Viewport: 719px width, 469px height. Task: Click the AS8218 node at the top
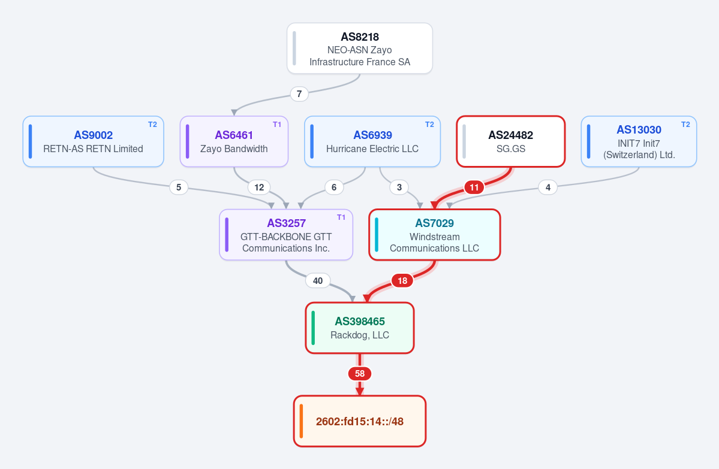coord(360,48)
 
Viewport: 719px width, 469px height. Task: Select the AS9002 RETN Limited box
coord(93,141)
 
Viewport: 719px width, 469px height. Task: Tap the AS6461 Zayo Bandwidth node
coord(234,141)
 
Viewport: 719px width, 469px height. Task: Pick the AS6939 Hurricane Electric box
coord(372,141)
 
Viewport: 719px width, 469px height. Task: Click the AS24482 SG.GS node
coord(510,141)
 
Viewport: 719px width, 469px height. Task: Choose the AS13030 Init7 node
coord(639,141)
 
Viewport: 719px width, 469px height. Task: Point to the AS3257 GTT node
coord(286,235)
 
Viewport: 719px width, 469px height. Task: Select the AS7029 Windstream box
coord(434,235)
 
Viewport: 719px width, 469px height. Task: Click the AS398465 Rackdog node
coord(360,328)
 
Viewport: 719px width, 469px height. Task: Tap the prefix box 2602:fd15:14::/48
coord(360,421)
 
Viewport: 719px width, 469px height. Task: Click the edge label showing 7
coord(299,94)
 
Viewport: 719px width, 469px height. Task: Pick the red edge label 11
coord(474,187)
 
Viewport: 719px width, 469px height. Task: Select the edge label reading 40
coord(318,281)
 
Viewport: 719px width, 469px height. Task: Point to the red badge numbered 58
coord(360,374)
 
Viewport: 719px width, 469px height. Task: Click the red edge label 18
coord(402,281)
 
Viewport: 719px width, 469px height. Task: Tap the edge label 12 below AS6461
coord(259,187)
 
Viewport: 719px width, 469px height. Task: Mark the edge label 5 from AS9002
coord(178,187)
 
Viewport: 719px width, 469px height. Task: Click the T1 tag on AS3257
coord(341,217)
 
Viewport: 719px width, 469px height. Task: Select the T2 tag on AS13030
coord(685,125)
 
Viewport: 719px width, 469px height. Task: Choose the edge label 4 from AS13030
coord(548,187)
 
